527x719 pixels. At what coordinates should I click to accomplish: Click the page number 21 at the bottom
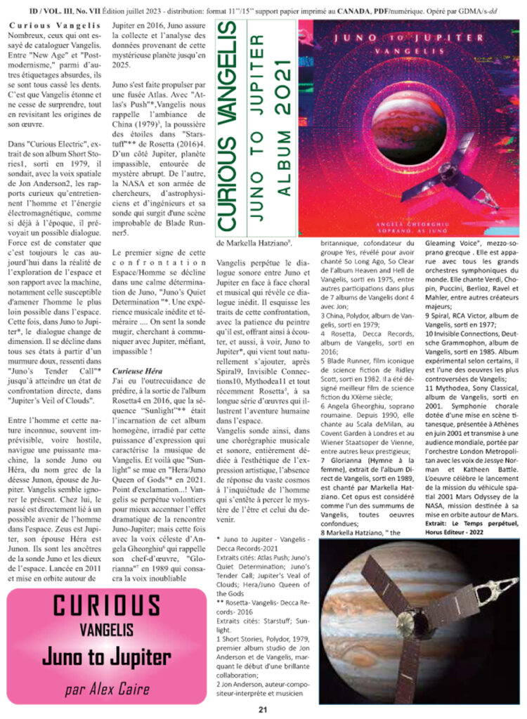263,709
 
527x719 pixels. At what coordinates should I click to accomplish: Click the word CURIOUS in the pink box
107,606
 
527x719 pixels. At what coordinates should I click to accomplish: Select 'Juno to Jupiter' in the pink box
107,657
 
